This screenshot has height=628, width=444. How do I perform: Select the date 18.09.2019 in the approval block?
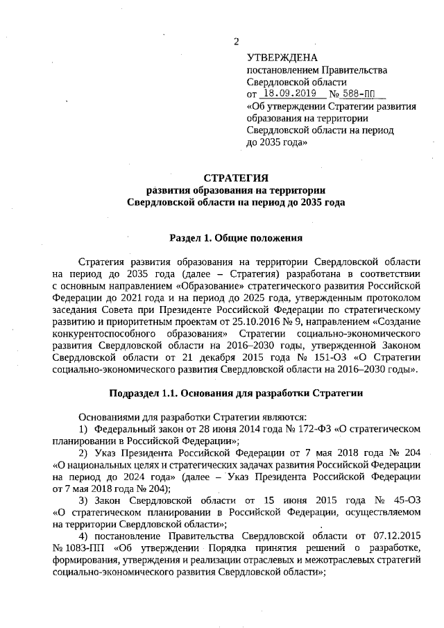[x=289, y=94]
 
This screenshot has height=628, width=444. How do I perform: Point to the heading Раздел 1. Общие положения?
[x=235, y=237]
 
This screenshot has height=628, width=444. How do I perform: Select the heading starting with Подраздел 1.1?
[x=235, y=394]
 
